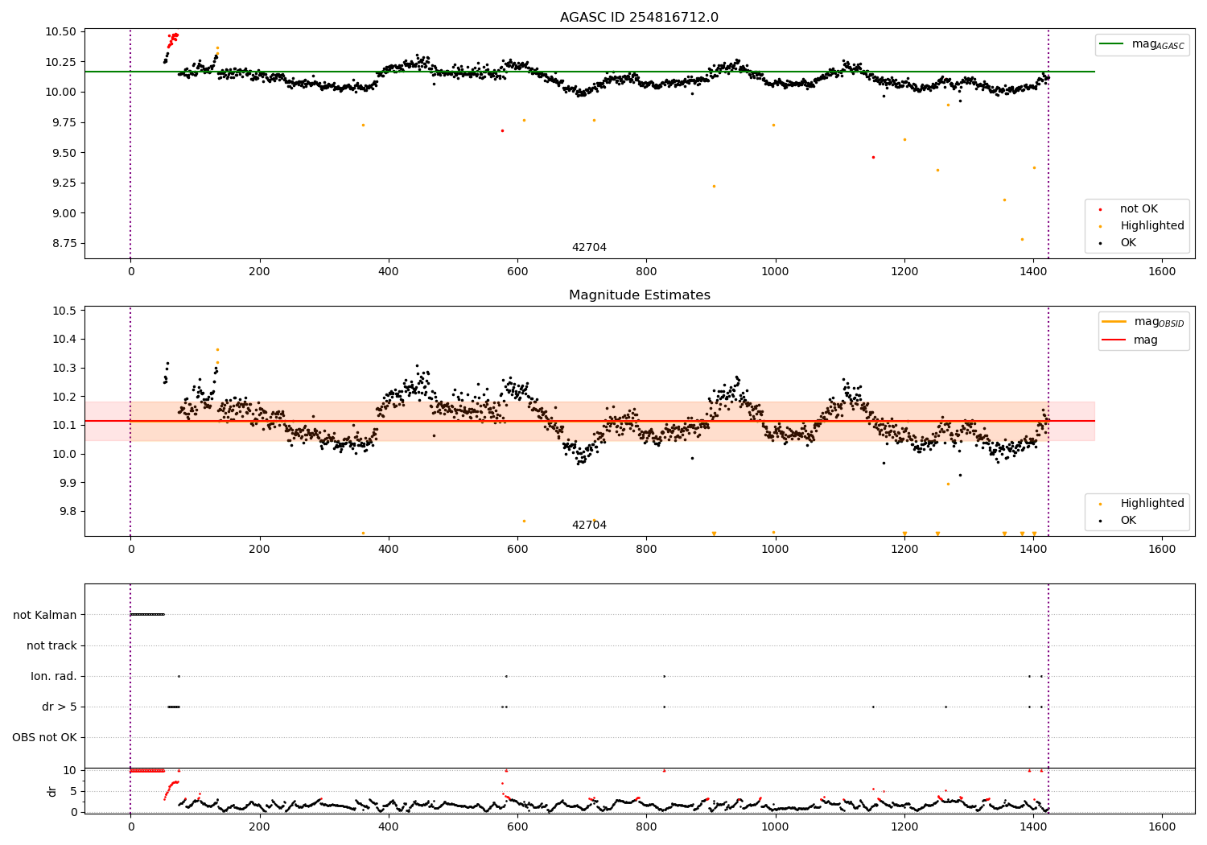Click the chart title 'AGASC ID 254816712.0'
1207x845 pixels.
click(639, 18)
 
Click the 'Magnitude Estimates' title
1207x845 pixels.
click(639, 295)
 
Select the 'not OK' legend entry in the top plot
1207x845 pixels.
click(1139, 209)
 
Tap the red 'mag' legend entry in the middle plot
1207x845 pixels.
click(1145, 340)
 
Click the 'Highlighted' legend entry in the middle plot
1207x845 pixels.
click(1151, 503)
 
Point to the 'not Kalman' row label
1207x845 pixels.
click(45, 615)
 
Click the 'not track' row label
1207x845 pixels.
click(51, 645)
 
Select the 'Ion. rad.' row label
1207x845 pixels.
click(54, 676)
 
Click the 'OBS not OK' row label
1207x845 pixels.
click(45, 737)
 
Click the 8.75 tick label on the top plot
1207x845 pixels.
click(61, 243)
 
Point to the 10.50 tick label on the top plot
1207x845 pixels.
click(61, 31)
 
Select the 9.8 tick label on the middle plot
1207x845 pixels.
click(67, 511)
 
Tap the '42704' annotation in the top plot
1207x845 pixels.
click(589, 248)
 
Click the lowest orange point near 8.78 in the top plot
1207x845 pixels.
click(1022, 239)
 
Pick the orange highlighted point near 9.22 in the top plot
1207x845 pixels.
click(714, 186)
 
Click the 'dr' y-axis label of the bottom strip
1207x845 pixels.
click(52, 791)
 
